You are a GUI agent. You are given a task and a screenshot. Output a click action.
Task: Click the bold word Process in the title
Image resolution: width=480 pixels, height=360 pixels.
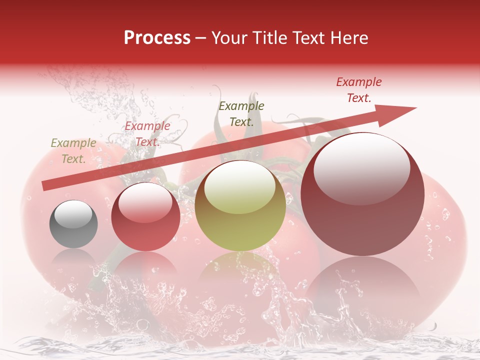157,38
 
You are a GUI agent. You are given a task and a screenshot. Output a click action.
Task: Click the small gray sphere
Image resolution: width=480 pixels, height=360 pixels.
73,224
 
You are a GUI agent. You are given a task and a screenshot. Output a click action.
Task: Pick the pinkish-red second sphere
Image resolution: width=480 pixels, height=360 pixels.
145,216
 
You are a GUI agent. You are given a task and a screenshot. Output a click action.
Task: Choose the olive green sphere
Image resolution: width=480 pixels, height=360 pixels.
240,205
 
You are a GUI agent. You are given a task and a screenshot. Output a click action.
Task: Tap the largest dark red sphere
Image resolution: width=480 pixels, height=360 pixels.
362,194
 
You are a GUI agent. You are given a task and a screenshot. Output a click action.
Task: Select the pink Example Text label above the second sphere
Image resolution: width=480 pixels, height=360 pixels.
147,134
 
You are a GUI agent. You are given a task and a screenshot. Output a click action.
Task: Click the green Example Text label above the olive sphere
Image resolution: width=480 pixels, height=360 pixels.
241,114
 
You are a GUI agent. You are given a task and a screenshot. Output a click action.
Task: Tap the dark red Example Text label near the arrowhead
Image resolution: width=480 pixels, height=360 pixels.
359,90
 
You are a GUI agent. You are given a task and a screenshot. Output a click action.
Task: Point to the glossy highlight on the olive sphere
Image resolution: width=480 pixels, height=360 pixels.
240,187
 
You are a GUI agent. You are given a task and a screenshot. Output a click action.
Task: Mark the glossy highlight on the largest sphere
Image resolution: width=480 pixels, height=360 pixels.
361,168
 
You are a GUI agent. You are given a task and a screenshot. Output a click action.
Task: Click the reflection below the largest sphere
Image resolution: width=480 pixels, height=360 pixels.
362,285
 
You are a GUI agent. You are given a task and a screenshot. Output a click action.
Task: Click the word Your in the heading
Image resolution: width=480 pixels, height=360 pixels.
227,38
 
